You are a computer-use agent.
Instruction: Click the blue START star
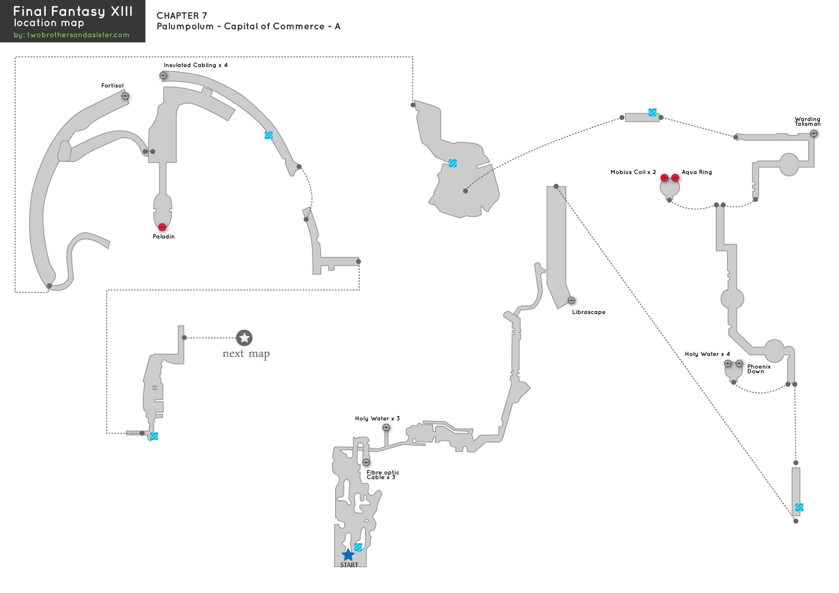click(x=348, y=554)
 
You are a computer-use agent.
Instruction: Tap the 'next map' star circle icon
click(x=244, y=338)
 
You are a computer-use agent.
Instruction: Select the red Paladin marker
click(x=162, y=227)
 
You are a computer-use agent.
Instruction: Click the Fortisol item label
click(x=112, y=85)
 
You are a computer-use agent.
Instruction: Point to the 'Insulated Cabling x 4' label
click(x=196, y=65)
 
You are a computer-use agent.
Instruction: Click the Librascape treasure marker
click(x=571, y=300)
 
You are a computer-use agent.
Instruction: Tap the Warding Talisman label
click(x=808, y=121)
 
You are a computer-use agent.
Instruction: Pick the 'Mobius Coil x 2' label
click(x=633, y=172)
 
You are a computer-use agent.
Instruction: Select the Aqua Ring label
click(x=697, y=172)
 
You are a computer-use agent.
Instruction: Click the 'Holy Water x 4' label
click(x=707, y=354)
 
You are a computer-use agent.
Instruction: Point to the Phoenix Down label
click(x=759, y=369)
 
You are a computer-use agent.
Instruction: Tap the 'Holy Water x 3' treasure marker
click(x=386, y=427)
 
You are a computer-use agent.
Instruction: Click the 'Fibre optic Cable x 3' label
click(x=383, y=475)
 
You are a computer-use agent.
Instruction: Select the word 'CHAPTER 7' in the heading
click(x=181, y=16)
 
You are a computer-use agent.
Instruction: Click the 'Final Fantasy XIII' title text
click(x=73, y=11)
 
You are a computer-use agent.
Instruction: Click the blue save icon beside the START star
click(x=359, y=547)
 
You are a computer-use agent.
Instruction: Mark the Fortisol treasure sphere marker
click(x=125, y=96)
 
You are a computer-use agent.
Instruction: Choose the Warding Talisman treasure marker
click(x=813, y=133)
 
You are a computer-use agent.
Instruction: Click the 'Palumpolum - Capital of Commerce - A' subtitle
click(x=249, y=26)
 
